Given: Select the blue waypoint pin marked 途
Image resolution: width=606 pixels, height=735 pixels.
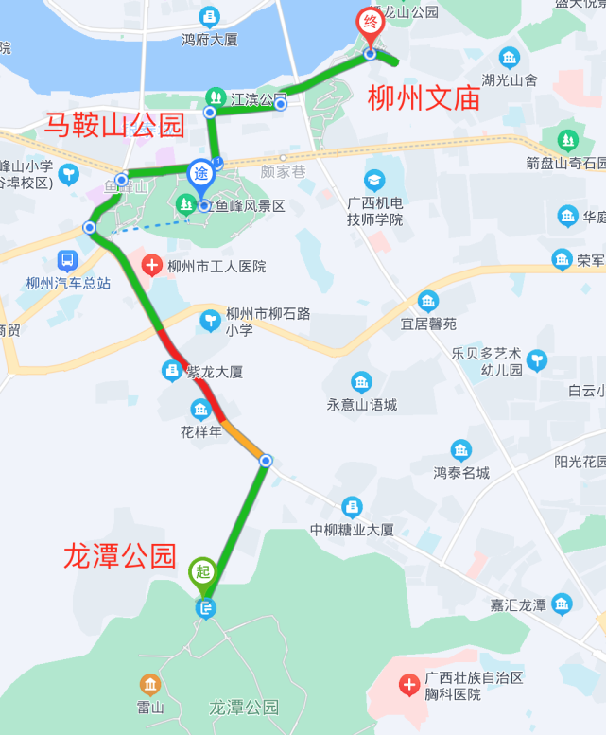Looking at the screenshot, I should pyautogui.click(x=201, y=174).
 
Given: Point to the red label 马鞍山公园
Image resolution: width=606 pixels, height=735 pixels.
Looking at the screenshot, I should pyautogui.click(x=114, y=124).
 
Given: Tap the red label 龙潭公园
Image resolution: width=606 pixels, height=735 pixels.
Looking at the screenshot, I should pyautogui.click(x=120, y=555).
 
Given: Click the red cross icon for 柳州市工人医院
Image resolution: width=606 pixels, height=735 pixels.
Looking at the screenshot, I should pyautogui.click(x=151, y=266).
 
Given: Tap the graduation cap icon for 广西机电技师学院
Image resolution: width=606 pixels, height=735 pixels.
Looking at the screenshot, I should pyautogui.click(x=375, y=180).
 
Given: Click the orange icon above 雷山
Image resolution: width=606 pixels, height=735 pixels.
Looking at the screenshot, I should pyautogui.click(x=149, y=684).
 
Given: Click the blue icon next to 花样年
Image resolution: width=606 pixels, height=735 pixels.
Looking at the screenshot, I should pyautogui.click(x=200, y=409).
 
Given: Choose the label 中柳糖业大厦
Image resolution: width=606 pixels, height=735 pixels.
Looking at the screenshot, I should pyautogui.click(x=353, y=530).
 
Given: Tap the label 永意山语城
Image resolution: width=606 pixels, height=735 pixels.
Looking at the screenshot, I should pyautogui.click(x=362, y=405).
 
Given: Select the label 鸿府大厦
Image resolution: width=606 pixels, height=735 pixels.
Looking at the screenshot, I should pyautogui.click(x=209, y=40).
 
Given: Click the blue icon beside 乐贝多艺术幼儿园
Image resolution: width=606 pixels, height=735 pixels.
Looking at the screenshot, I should pyautogui.click(x=537, y=359).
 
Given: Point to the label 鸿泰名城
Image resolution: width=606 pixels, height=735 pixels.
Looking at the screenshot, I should pyautogui.click(x=461, y=472).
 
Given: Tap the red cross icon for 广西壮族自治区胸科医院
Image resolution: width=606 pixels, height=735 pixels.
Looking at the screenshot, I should pyautogui.click(x=408, y=684).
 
